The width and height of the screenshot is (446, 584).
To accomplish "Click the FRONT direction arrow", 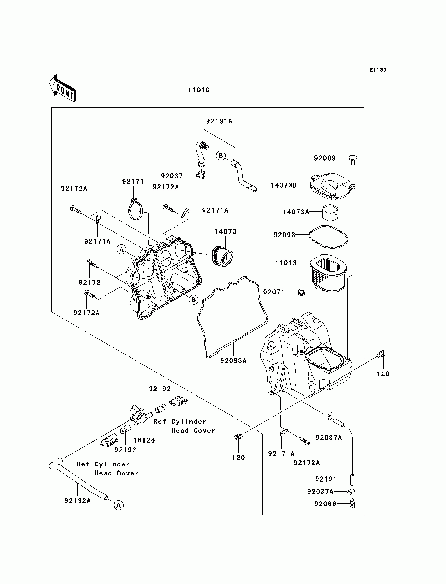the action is (63, 88).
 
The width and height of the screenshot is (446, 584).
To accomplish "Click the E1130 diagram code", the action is (378, 70).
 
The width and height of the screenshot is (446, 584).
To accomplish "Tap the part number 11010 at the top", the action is (199, 90).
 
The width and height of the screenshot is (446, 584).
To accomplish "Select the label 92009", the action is (325, 158).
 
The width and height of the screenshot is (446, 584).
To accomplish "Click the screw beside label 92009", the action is (353, 160).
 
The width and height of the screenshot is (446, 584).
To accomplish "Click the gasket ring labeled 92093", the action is (328, 237).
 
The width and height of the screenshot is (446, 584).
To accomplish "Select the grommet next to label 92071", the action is (302, 292).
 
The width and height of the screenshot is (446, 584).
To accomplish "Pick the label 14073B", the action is (284, 185).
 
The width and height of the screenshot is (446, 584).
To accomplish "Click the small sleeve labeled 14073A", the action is (330, 212).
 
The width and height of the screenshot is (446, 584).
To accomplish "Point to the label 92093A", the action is (233, 361).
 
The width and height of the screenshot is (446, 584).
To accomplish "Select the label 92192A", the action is (78, 501).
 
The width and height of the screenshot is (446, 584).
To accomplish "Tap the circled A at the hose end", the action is (119, 505).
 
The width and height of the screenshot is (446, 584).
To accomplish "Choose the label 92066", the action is (325, 504).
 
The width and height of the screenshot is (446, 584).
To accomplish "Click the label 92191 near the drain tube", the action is (326, 479).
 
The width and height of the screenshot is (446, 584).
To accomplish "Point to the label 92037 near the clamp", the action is (172, 176).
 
